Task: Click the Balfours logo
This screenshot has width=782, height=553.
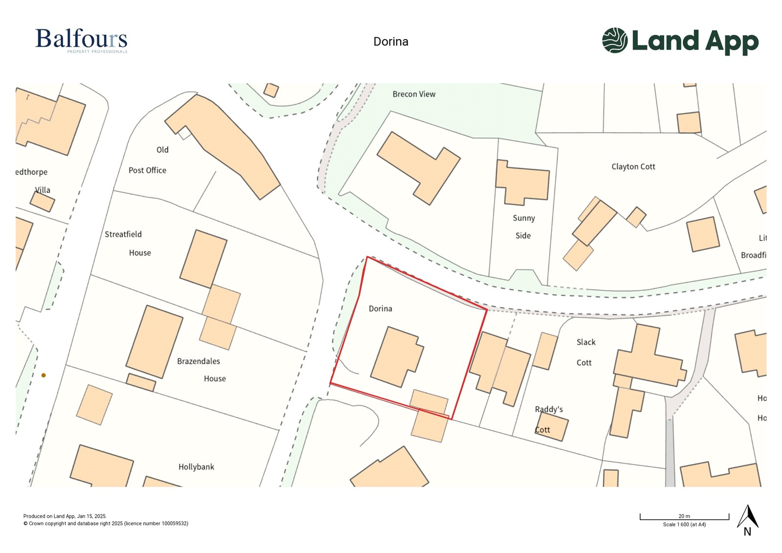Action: [x=81, y=41]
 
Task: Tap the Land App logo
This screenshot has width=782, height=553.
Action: [x=680, y=41]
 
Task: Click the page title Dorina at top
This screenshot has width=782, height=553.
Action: [x=391, y=42]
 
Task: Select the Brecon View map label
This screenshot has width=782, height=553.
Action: [x=413, y=94]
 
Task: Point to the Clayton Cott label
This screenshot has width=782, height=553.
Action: [x=633, y=167]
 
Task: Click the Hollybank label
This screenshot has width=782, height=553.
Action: [x=196, y=467]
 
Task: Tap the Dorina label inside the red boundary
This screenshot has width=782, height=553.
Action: [x=380, y=309]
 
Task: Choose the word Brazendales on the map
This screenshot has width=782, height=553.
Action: [x=198, y=361]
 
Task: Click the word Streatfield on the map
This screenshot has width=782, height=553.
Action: [x=123, y=235]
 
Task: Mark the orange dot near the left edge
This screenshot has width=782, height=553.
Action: [x=43, y=376]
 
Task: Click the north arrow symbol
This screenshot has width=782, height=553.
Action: [x=747, y=518]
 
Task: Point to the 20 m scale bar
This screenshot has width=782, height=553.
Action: [x=684, y=517]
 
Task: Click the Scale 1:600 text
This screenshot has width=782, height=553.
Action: [x=684, y=525]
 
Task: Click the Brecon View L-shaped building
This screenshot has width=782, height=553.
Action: [x=418, y=166]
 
